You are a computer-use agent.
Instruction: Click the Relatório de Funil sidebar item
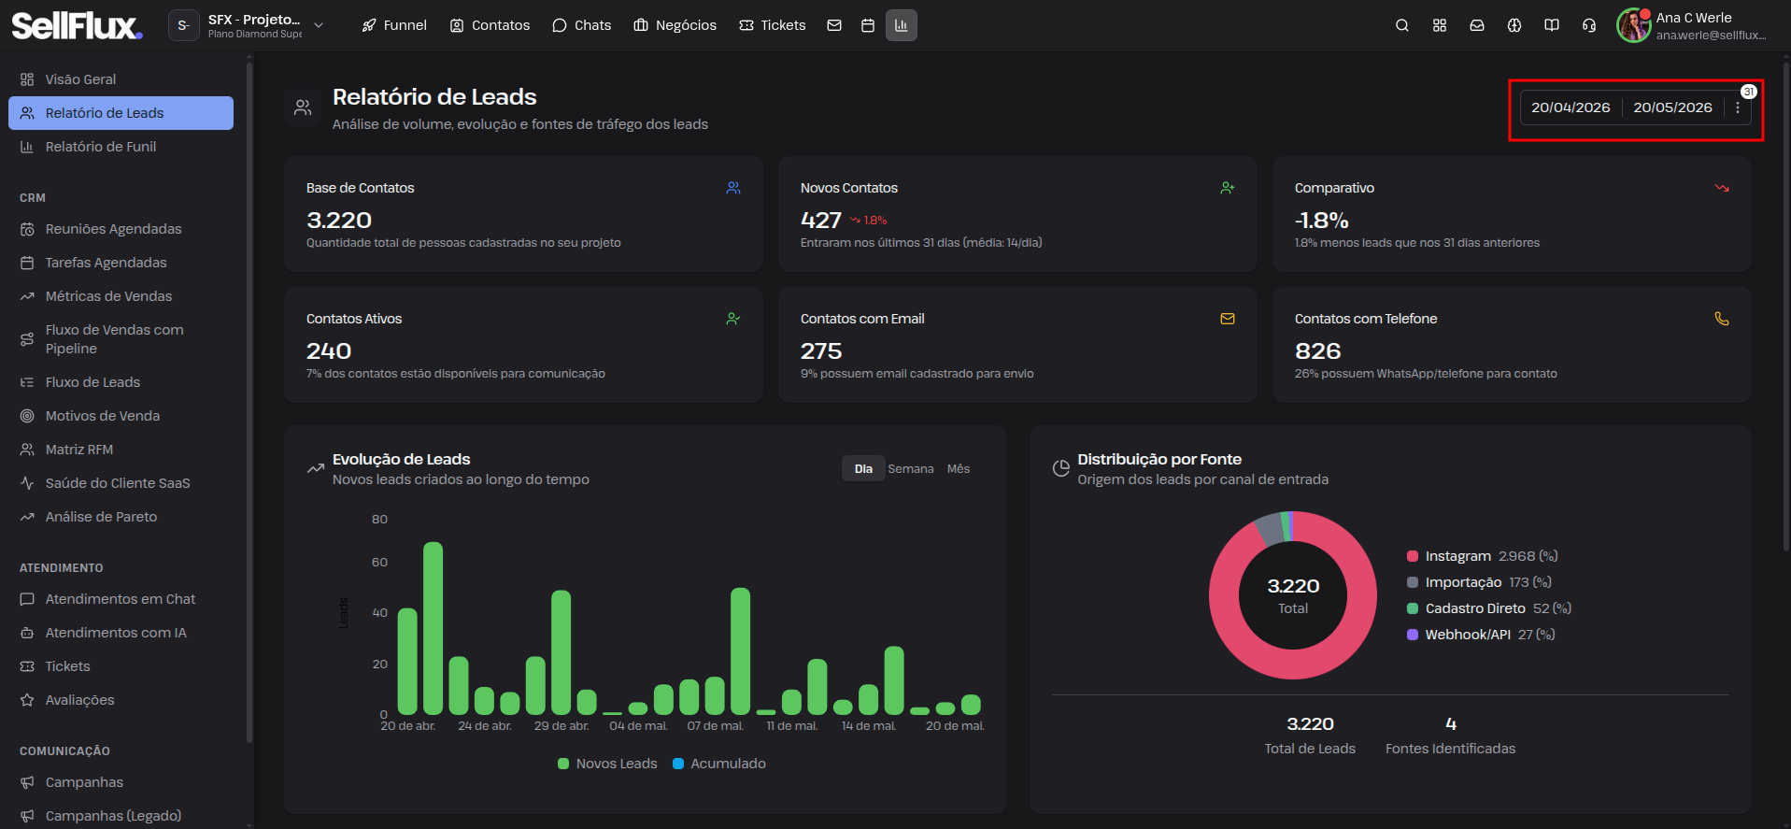(x=101, y=147)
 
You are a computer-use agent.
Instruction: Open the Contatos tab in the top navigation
(x=490, y=25)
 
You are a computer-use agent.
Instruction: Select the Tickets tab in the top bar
(x=773, y=25)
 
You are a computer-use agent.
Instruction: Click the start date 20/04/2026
(x=1571, y=107)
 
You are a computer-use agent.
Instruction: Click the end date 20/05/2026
(x=1672, y=107)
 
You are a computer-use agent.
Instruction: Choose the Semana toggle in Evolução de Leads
(x=911, y=469)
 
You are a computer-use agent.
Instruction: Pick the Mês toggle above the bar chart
(x=959, y=469)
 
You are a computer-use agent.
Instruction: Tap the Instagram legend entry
(x=1482, y=556)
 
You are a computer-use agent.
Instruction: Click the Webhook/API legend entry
(x=1481, y=635)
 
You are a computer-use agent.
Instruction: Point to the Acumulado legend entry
(x=719, y=764)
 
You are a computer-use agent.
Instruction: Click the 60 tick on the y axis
(x=379, y=562)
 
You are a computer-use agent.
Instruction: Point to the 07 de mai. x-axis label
(x=716, y=726)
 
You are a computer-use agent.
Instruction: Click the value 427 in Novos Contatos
(x=821, y=221)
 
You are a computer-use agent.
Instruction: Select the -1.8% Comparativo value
(x=1322, y=221)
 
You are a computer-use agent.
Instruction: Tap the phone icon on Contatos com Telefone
(x=1722, y=319)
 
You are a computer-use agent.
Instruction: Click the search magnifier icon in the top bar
(x=1402, y=25)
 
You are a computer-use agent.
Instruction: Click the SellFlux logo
(x=78, y=25)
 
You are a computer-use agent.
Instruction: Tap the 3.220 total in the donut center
(x=1293, y=586)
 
